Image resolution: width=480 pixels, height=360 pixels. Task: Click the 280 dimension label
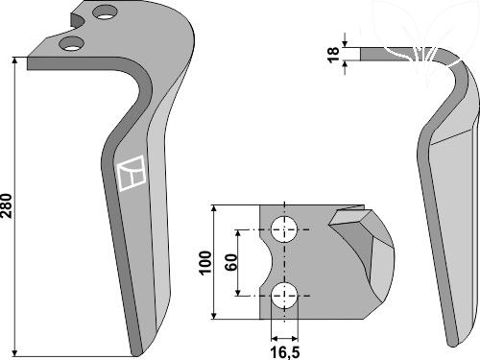pos(7,205)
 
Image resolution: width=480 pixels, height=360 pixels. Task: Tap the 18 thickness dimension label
pos(333,55)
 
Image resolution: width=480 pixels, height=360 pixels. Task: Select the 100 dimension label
pos(205,263)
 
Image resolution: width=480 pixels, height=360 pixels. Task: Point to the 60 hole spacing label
pos(231,262)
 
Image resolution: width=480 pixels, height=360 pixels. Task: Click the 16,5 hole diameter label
pos(285,352)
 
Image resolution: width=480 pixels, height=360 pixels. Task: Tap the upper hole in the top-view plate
pos(284,229)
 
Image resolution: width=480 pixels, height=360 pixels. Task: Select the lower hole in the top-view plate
pos(284,296)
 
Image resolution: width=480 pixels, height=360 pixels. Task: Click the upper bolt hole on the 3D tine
pos(105,12)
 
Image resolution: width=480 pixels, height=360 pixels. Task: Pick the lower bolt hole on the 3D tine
pos(71,43)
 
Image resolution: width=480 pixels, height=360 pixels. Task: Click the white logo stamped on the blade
pos(132,173)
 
